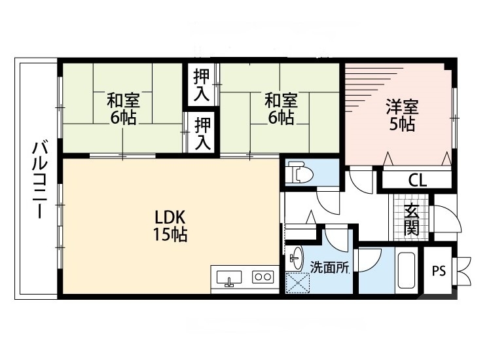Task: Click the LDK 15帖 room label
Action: tap(171, 226)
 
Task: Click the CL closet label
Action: tap(417, 181)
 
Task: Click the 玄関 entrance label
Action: tap(412, 219)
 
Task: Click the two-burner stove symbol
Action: tap(263, 277)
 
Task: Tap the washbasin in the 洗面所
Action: tap(297, 257)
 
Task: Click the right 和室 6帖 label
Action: tap(281, 109)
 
